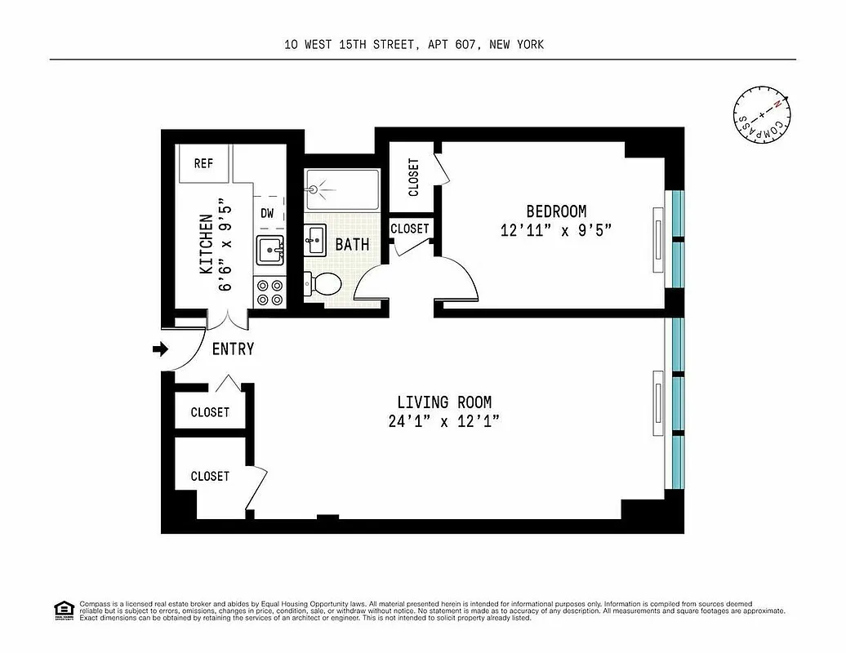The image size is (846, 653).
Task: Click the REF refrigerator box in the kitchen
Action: pyautogui.click(x=203, y=164)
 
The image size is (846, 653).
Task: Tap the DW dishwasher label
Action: pyautogui.click(x=267, y=213)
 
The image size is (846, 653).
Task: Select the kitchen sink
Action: pyautogui.click(x=269, y=250)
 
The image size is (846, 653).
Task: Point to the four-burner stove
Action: pyautogui.click(x=269, y=293)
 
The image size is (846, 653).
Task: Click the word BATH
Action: pyautogui.click(x=352, y=244)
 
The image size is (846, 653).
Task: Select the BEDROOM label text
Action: pyautogui.click(x=555, y=212)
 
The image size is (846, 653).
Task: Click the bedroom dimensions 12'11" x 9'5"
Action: pyautogui.click(x=555, y=230)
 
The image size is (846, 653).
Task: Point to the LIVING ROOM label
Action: pyautogui.click(x=444, y=402)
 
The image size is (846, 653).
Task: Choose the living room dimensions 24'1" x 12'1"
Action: pyautogui.click(x=444, y=422)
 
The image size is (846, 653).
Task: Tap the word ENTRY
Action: pyautogui.click(x=233, y=349)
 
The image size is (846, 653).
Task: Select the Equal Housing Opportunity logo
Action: pyautogui.click(x=63, y=609)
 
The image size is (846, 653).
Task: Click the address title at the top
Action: pyautogui.click(x=414, y=45)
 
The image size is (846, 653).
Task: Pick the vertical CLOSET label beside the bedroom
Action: pyautogui.click(x=413, y=176)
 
